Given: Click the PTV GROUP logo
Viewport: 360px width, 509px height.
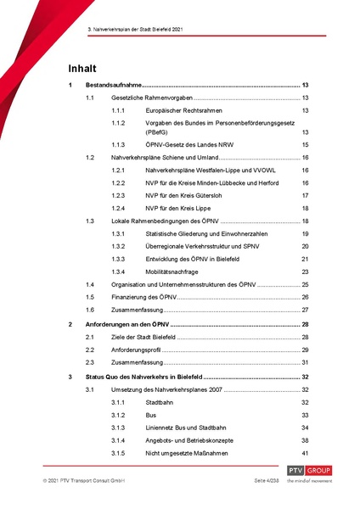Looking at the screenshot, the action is click(x=308, y=473).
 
